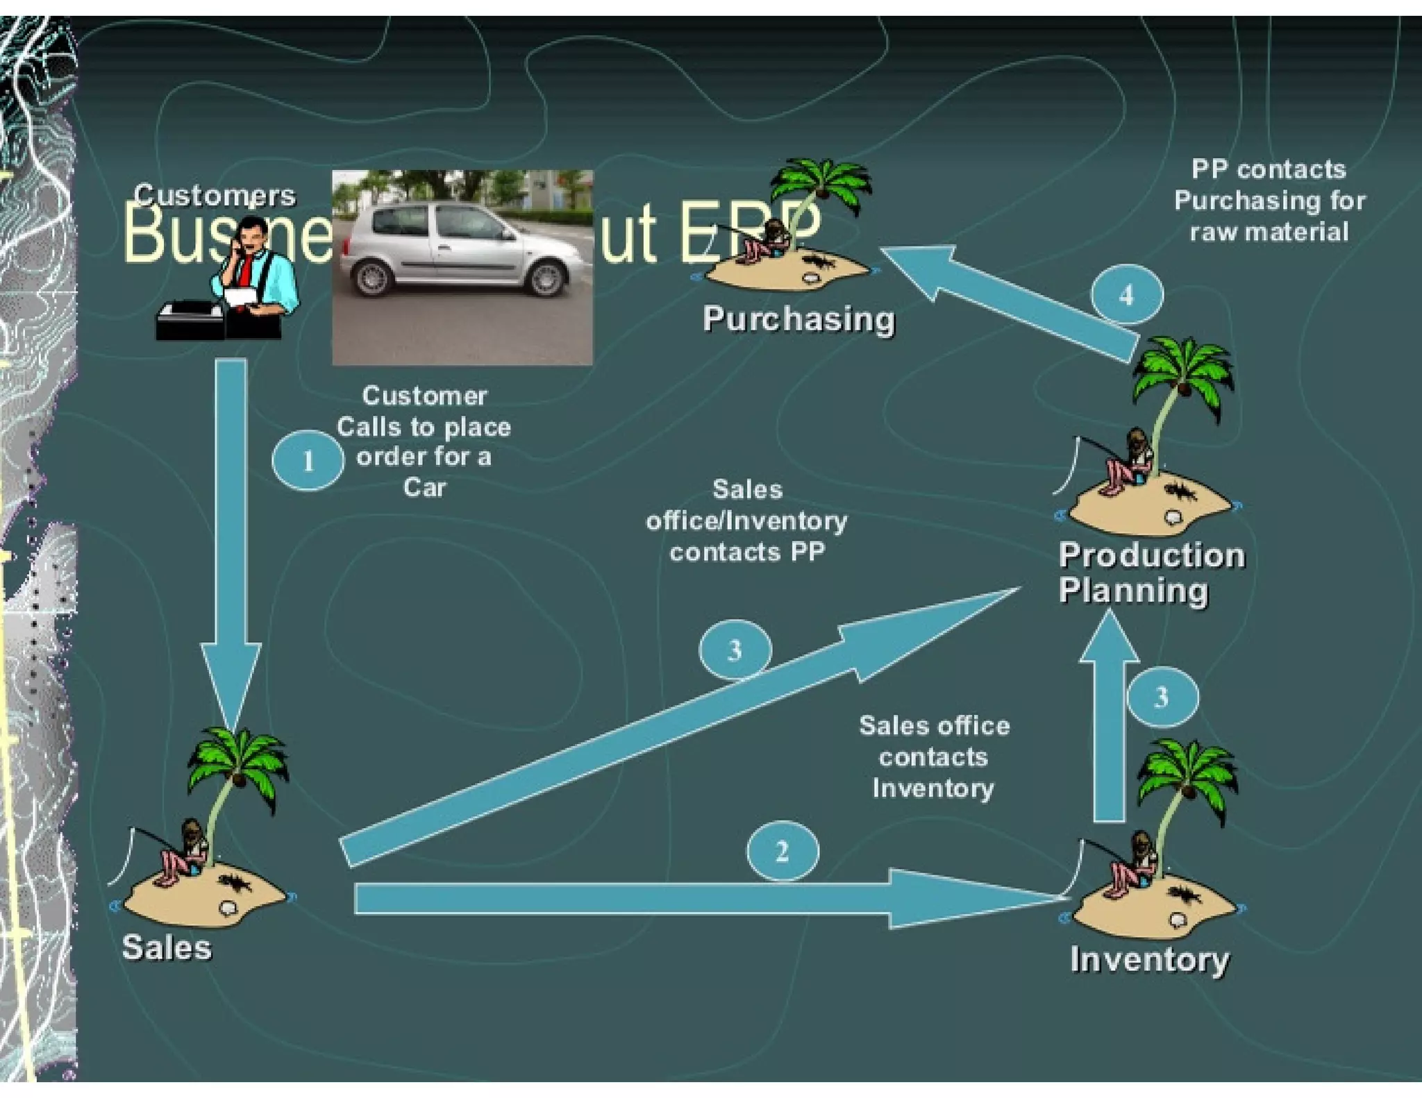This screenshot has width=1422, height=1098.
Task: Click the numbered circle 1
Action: point(308,460)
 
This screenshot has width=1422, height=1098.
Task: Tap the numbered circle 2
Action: point(783,851)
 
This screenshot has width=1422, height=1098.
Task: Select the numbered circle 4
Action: point(1126,295)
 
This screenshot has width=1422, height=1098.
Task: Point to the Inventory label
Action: point(1149,960)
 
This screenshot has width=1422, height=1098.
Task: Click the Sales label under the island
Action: point(167,947)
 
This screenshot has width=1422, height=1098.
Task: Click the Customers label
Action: point(215,195)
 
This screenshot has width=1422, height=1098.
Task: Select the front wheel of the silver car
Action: point(546,278)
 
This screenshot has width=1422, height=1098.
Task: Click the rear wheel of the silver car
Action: point(373,277)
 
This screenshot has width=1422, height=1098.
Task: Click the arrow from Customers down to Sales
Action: point(231,527)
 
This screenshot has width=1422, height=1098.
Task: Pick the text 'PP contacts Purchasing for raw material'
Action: point(1269,201)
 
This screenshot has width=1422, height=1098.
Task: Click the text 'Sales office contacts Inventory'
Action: point(934,757)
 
